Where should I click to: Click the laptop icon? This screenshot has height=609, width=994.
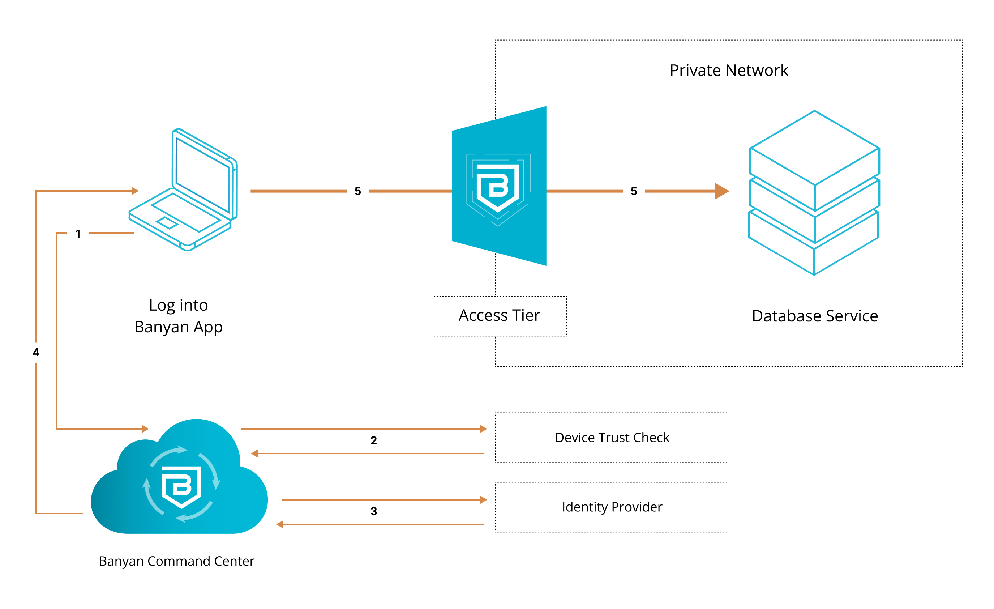[x=184, y=190]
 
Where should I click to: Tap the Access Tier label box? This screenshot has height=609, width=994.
[x=499, y=316]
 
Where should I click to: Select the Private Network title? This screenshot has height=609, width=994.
[x=729, y=71]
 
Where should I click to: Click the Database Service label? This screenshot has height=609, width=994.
[x=814, y=316]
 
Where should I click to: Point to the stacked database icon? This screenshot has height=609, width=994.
[x=814, y=193]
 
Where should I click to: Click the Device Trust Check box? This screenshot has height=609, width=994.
[x=612, y=438]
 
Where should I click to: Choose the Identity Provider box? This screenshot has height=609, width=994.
[x=612, y=507]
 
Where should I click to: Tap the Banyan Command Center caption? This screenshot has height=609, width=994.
[x=177, y=561]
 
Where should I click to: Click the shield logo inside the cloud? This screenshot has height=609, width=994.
[x=181, y=486]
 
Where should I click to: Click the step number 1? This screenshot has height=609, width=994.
[x=78, y=234]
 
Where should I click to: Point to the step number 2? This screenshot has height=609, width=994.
[x=373, y=441]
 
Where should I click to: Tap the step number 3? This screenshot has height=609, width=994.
[x=373, y=511]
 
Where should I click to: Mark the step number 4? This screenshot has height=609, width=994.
[x=36, y=353]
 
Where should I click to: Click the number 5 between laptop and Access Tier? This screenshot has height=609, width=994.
[x=357, y=191]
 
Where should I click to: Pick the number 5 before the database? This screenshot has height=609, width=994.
[x=634, y=191]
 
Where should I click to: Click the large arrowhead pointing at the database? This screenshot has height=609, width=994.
[x=721, y=191]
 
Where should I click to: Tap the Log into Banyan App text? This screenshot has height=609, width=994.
[x=178, y=316]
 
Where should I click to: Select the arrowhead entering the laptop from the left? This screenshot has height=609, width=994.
[x=135, y=191]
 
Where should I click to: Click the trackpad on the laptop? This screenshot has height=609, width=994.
[x=167, y=223]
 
